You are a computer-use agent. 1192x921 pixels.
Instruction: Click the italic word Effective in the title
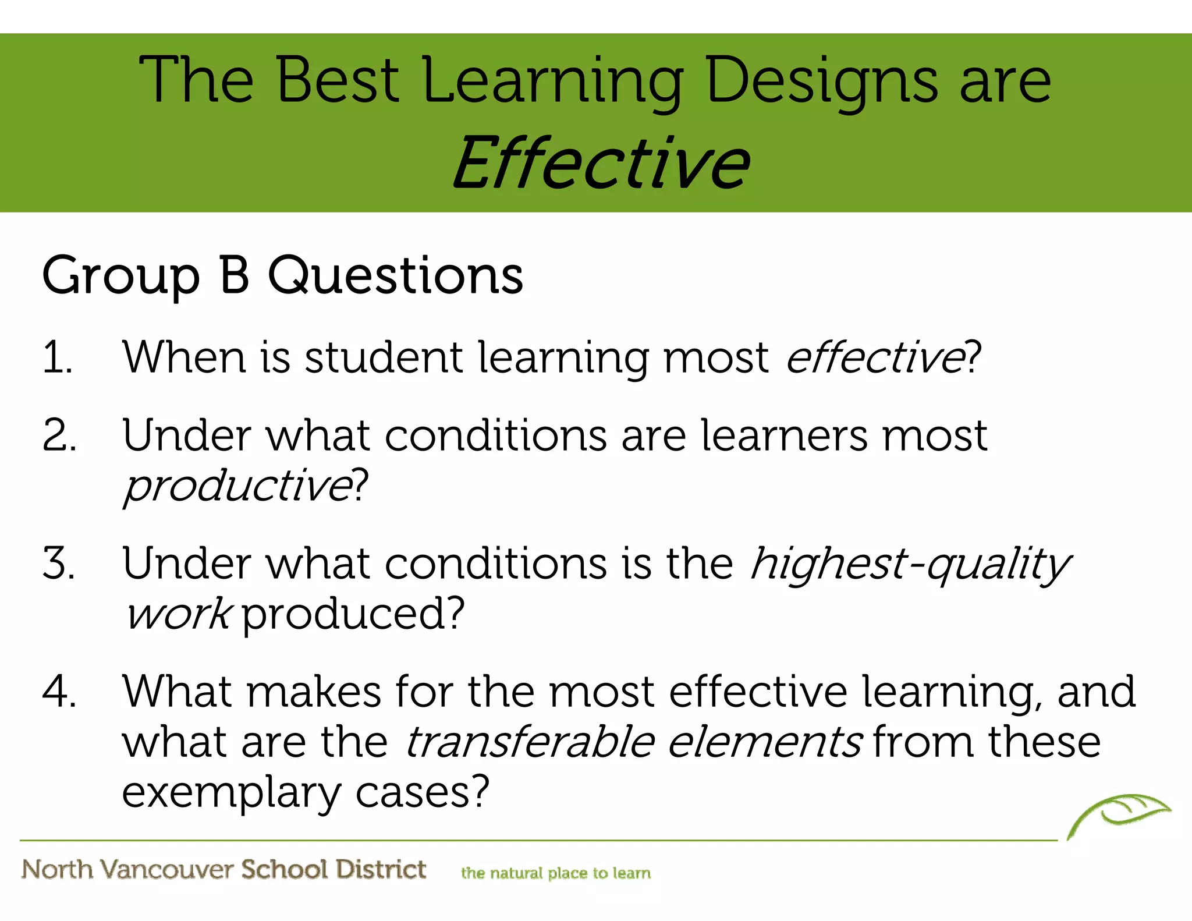click(601, 163)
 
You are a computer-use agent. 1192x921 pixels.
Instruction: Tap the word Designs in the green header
click(821, 82)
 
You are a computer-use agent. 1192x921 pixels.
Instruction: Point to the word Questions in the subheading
click(395, 276)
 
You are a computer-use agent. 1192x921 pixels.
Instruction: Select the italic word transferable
click(530, 742)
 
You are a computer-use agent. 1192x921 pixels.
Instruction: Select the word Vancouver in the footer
click(166, 869)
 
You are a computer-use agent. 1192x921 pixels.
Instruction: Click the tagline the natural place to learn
click(555, 873)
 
